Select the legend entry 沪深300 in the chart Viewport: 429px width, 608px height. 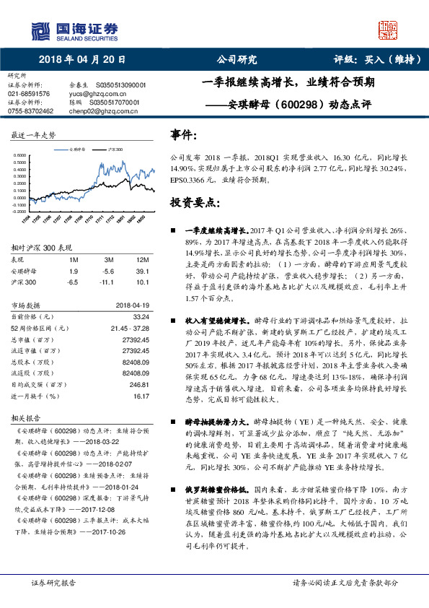(x=115, y=149)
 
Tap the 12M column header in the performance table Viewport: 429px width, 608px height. (x=141, y=259)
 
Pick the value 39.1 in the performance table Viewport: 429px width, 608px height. (x=142, y=272)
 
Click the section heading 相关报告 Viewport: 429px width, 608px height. (x=25, y=418)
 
